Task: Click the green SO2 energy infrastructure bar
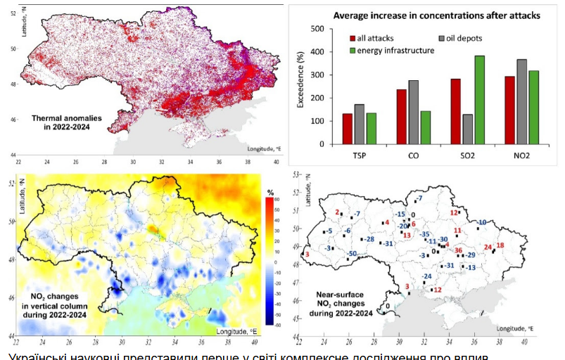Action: point(480,100)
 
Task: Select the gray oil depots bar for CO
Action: point(413,112)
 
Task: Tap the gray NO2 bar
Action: point(521,102)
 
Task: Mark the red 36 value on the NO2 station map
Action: point(458,250)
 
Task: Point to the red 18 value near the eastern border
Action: point(500,245)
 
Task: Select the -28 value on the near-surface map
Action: point(368,240)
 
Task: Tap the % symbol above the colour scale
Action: point(269,192)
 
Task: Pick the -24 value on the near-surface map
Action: point(426,276)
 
